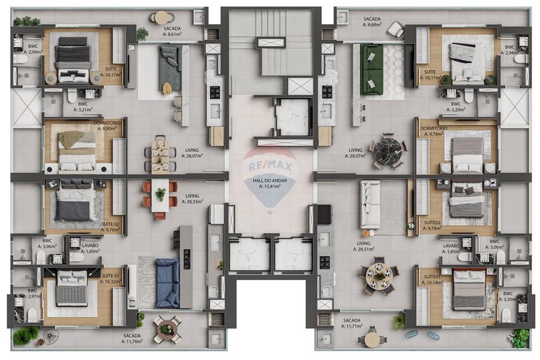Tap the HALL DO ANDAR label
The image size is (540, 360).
click(269, 184)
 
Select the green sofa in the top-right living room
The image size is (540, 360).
click(372, 69)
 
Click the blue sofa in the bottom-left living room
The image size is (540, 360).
click(167, 283)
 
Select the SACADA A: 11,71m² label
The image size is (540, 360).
click(352, 323)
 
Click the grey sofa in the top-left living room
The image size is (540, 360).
click(170, 69)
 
